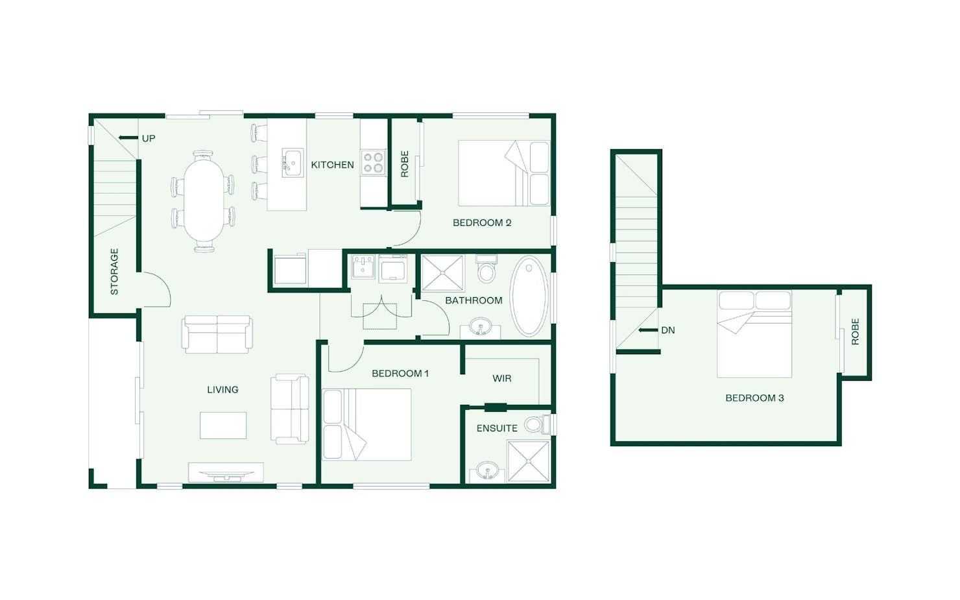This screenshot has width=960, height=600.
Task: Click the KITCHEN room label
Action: tap(332, 165)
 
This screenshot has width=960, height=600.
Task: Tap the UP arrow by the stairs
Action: tap(128, 138)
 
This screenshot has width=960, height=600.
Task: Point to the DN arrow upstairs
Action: tap(647, 330)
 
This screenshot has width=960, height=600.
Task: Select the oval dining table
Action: tap(203, 201)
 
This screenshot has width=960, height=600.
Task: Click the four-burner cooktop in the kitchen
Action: tap(373, 162)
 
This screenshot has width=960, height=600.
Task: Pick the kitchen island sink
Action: tap(293, 162)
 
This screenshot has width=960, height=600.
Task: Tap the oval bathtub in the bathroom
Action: tap(529, 296)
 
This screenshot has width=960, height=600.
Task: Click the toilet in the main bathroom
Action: tap(486, 269)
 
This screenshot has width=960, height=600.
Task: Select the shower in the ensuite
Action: tap(528, 461)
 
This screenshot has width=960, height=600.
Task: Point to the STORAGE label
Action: tap(114, 272)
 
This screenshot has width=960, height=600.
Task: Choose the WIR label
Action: tap(502, 378)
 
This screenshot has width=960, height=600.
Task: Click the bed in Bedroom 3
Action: tap(754, 334)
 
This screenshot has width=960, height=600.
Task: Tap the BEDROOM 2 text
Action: tap(482, 223)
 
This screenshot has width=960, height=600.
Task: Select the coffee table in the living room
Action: tap(223, 425)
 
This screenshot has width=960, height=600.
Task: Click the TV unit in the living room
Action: tap(226, 472)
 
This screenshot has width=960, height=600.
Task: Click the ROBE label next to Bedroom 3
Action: tap(855, 331)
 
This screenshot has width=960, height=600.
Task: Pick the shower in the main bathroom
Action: tap(443, 273)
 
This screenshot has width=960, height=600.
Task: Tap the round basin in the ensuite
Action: tap(488, 472)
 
